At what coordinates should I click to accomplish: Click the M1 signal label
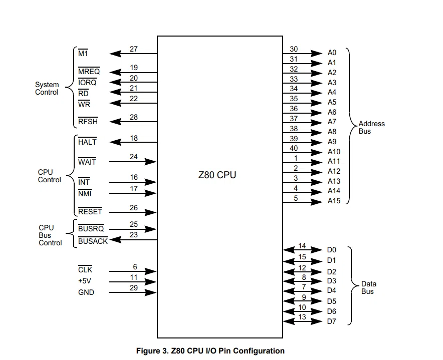(x=83, y=53)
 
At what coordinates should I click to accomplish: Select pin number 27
(x=134, y=49)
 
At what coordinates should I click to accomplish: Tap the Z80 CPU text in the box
(x=217, y=175)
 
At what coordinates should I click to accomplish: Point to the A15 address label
(x=334, y=201)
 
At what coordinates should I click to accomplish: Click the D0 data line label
(x=332, y=250)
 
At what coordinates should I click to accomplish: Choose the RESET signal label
(x=90, y=211)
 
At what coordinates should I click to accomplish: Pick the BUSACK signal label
(x=93, y=241)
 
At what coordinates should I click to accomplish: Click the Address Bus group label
(x=371, y=127)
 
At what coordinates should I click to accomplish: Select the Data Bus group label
(x=369, y=287)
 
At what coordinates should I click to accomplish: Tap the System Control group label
(x=47, y=89)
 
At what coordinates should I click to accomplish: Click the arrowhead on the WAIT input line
(x=150, y=162)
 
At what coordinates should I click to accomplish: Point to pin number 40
(x=294, y=148)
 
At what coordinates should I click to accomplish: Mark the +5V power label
(x=85, y=281)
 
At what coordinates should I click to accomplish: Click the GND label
(x=86, y=292)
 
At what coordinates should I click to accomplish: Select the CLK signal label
(x=85, y=269)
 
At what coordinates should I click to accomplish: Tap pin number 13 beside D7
(x=302, y=317)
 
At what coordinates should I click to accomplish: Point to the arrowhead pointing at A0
(x=317, y=53)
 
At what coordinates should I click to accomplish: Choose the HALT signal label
(x=87, y=142)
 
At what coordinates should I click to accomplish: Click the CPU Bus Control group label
(x=50, y=235)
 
